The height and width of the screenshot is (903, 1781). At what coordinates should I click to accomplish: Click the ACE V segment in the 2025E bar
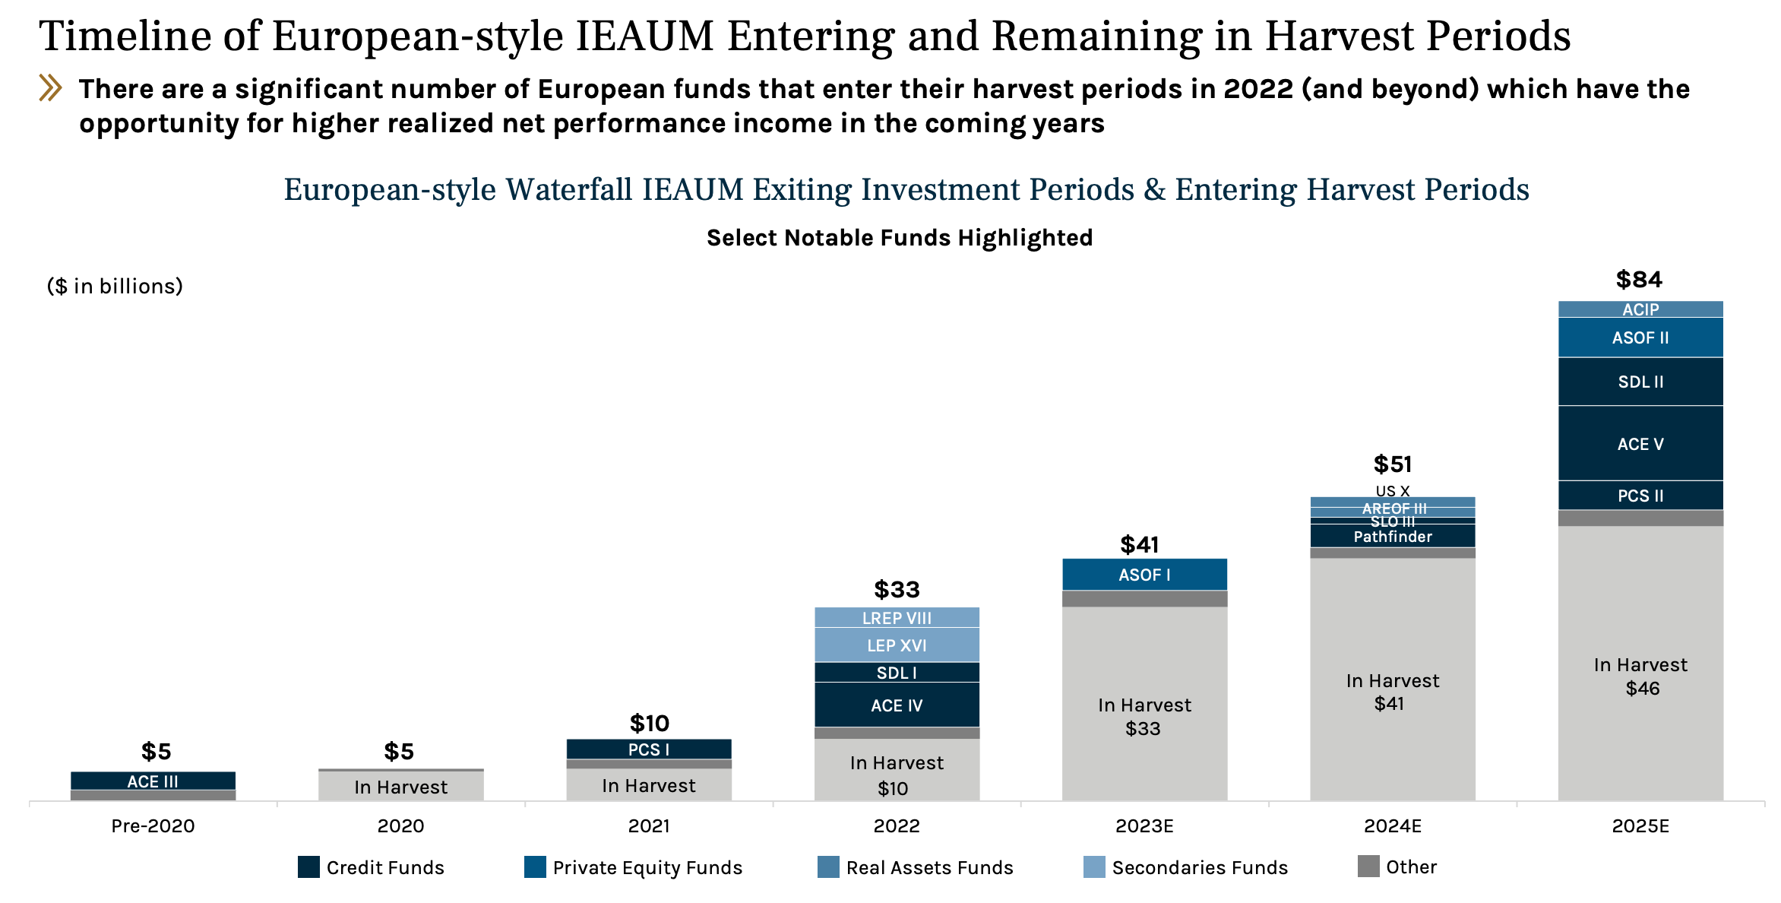(1640, 444)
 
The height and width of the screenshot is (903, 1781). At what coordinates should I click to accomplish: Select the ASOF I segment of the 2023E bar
(1144, 575)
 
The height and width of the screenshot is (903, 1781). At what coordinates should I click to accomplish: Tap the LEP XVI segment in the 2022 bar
(897, 645)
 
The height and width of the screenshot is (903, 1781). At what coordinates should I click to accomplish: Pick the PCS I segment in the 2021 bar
(649, 749)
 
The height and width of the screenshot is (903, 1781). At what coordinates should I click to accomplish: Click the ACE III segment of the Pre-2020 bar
(153, 781)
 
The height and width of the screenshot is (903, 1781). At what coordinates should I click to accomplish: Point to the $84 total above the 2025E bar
(1639, 280)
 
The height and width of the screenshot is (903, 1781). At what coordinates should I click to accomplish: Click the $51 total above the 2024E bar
(1392, 464)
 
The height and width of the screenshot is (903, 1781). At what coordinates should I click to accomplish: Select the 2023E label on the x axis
(1144, 826)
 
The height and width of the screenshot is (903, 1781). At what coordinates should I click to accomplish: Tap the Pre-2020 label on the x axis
(153, 826)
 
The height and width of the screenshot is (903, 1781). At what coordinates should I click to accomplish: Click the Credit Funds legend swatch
(308, 867)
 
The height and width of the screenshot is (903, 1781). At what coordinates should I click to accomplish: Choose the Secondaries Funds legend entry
(1199, 867)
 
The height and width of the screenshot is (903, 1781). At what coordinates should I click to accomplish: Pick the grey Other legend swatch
(1368, 867)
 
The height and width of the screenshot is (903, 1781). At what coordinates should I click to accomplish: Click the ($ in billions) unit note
(115, 286)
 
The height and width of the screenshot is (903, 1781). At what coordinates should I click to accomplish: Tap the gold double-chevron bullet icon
(50, 88)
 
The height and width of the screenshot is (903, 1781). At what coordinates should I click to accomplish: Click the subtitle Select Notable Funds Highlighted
(900, 238)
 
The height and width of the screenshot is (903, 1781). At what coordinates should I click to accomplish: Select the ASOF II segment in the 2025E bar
(1640, 337)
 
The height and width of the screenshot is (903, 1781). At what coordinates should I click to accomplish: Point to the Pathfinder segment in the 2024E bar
(1392, 537)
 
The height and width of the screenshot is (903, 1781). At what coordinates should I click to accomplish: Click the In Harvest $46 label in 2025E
(1640, 676)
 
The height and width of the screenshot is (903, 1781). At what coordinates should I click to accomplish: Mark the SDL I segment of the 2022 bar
(897, 673)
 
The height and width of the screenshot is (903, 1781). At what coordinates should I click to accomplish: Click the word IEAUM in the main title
(644, 36)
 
